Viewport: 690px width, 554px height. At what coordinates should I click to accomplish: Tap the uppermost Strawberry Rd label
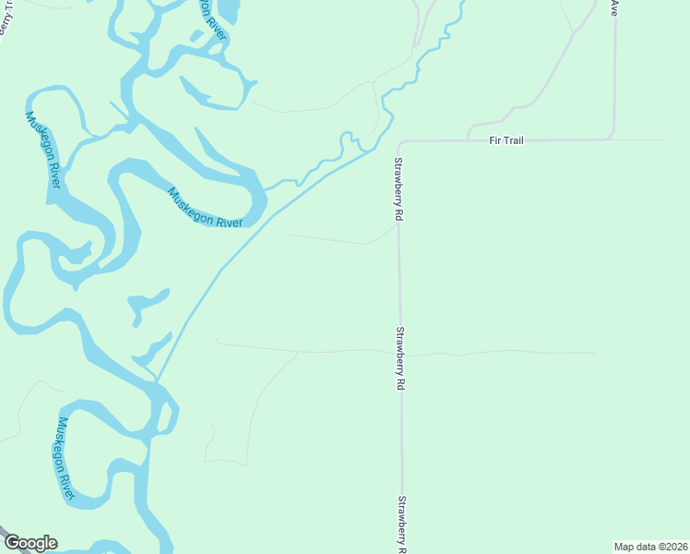pyautogui.click(x=399, y=187)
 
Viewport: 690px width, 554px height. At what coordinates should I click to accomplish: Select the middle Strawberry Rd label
pyautogui.click(x=400, y=357)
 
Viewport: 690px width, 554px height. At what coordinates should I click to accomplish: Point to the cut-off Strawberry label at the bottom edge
pyautogui.click(x=402, y=524)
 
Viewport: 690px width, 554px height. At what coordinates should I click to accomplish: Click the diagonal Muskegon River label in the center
pyautogui.click(x=205, y=208)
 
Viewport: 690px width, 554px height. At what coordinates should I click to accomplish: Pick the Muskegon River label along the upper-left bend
pyautogui.click(x=43, y=150)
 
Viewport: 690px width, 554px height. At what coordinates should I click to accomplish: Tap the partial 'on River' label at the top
pyautogui.click(x=211, y=18)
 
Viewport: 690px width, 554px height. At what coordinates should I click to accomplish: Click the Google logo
pyautogui.click(x=30, y=543)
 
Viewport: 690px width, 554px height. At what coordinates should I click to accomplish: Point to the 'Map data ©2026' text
pyautogui.click(x=650, y=546)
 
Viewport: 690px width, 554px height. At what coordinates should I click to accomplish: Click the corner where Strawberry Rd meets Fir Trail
pyautogui.click(x=399, y=144)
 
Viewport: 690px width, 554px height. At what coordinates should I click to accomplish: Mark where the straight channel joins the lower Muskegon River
pyautogui.click(x=158, y=380)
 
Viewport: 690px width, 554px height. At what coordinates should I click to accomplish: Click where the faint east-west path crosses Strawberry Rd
pyautogui.click(x=400, y=352)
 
